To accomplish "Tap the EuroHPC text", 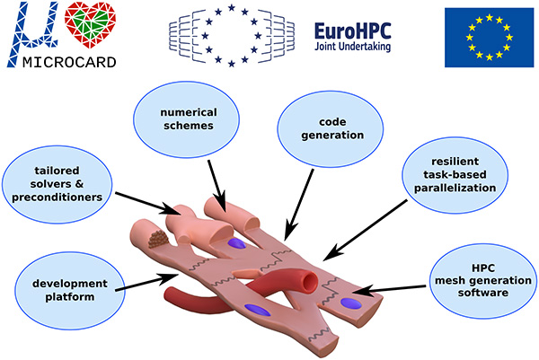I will click(351, 31).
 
